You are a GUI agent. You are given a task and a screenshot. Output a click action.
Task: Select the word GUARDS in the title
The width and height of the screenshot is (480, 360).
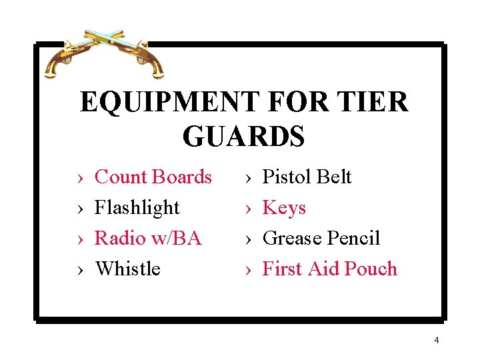tap(243, 136)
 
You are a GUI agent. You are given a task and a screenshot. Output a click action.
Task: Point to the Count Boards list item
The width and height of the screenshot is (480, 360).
tap(153, 177)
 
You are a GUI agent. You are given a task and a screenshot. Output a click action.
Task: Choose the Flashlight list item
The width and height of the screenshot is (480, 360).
tap(137, 207)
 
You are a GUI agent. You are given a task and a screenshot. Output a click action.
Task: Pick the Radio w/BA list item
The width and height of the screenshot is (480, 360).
tap(148, 238)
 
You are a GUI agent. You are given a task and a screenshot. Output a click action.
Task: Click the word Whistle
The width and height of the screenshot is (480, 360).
tap(128, 269)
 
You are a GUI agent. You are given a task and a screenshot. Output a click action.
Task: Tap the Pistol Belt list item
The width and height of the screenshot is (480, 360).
tap(307, 177)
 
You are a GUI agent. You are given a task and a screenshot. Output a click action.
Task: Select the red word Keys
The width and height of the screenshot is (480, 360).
tap(284, 208)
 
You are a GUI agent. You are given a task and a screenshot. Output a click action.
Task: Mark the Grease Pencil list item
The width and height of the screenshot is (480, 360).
tap(321, 238)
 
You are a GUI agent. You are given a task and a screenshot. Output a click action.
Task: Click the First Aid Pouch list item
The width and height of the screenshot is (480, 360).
tap(330, 269)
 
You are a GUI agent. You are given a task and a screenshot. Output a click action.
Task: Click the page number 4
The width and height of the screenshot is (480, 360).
tap(436, 341)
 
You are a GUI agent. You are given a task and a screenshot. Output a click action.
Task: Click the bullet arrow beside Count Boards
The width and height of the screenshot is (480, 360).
tap(81, 178)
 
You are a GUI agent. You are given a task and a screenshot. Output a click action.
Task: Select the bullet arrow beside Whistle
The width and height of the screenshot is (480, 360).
tap(81, 270)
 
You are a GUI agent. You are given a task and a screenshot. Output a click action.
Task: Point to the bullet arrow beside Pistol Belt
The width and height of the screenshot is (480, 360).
tap(248, 178)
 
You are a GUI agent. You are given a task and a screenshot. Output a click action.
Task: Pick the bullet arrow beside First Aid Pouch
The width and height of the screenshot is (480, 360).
tap(248, 270)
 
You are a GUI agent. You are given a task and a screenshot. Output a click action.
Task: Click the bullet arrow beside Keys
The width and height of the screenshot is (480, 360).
tap(248, 209)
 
